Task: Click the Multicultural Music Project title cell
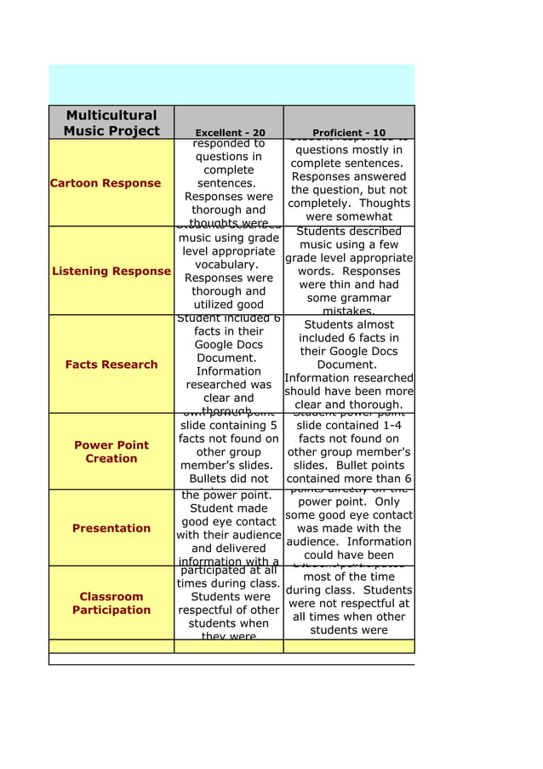[x=111, y=123]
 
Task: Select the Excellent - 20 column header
[x=229, y=133]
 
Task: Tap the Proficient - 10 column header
[x=349, y=133]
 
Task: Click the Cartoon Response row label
[x=106, y=183]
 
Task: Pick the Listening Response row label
[x=111, y=271]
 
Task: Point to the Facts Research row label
[x=111, y=364]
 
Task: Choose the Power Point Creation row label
[x=111, y=451]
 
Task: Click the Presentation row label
[x=111, y=528]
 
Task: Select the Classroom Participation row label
[x=111, y=603]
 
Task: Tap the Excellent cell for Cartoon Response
[x=229, y=183]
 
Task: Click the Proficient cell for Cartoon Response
[x=349, y=183]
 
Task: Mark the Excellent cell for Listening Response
[x=229, y=271]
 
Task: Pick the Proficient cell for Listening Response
[x=349, y=271]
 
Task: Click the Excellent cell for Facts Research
[x=229, y=364]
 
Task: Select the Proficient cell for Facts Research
[x=349, y=364]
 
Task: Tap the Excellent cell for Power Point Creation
[x=229, y=451]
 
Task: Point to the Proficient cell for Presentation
[x=349, y=528]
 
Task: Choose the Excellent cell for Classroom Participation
[x=229, y=603]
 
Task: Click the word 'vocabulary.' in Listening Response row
[x=229, y=265]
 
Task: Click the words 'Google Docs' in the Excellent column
[x=229, y=345]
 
